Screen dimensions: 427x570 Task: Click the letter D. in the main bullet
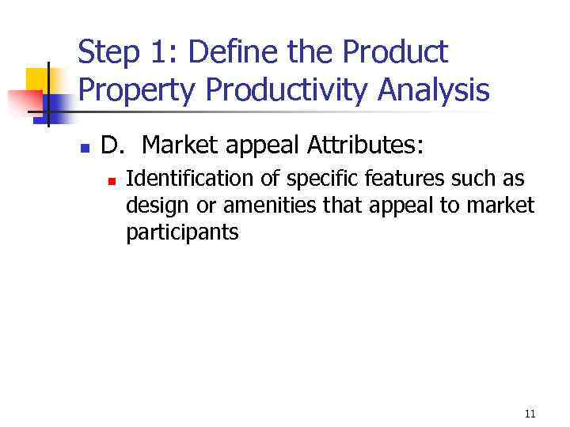(x=114, y=145)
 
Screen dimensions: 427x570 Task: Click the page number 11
(x=530, y=414)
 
